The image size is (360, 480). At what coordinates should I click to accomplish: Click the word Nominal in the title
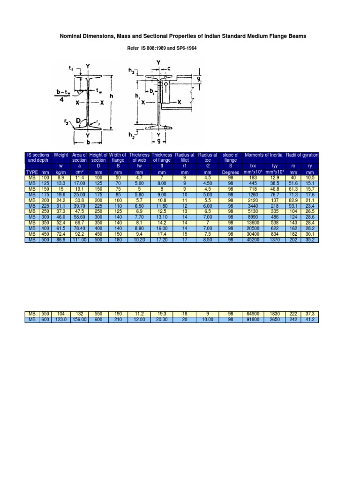pos(72,36)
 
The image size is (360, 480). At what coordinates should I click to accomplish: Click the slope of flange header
pos(230,157)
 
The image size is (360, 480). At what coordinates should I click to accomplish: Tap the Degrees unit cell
pos(230,172)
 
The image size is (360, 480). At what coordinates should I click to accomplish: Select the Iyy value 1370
pos(274,240)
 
